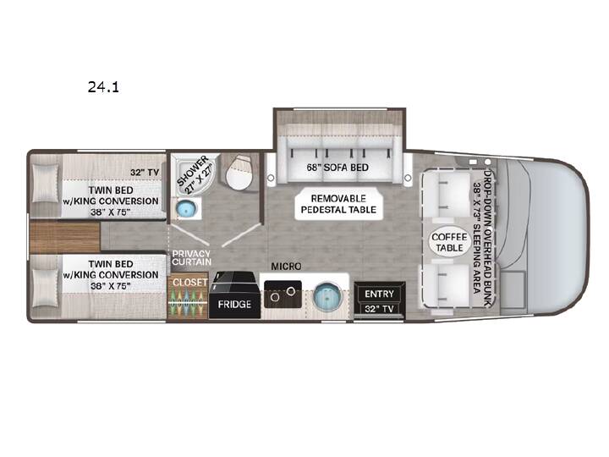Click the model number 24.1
tap(103, 86)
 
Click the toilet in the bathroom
tap(239, 172)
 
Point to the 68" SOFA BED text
tap(337, 168)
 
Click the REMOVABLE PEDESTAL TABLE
tap(338, 204)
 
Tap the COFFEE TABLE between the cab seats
tap(449, 242)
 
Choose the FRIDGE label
tap(234, 304)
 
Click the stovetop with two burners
tap(283, 295)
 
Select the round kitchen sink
tap(327, 295)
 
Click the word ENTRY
tap(380, 294)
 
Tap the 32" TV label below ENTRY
tap(380, 309)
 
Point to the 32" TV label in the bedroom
tap(145, 172)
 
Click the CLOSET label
tap(190, 282)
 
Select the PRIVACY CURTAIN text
tap(191, 257)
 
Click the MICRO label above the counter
tap(286, 267)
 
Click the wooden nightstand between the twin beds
tap(65, 237)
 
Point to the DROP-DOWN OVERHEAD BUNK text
tap(487, 238)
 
